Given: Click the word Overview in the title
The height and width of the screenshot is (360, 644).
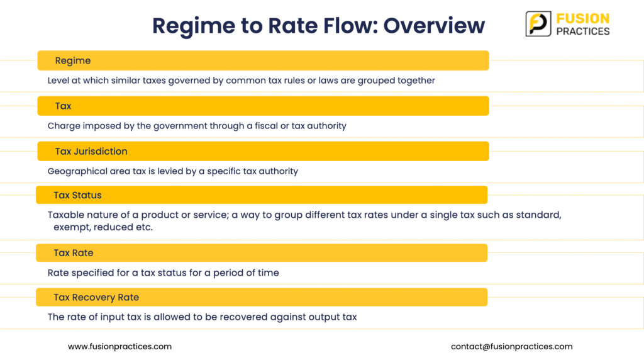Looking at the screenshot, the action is point(434,25).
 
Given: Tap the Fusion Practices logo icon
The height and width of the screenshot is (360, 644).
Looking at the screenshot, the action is point(538,24).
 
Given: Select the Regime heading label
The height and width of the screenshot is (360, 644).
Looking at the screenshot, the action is point(73,61).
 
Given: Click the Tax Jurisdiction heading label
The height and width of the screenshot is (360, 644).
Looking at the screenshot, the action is point(91,151).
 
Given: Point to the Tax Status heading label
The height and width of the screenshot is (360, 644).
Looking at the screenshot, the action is point(77,195).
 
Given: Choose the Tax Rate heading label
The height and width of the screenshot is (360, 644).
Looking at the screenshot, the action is point(74,253).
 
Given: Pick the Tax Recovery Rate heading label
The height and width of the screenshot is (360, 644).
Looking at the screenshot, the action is point(96,297).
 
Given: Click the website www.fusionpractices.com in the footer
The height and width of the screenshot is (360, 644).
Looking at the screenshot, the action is point(120,346).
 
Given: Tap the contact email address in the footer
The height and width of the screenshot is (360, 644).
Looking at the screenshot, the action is point(512,346).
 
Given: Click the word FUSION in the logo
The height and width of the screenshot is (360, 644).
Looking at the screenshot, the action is point(583,18).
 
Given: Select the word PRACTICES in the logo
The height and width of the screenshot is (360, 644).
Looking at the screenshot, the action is point(583,31).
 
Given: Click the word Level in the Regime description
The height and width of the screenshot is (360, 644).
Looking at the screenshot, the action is point(58,81).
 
